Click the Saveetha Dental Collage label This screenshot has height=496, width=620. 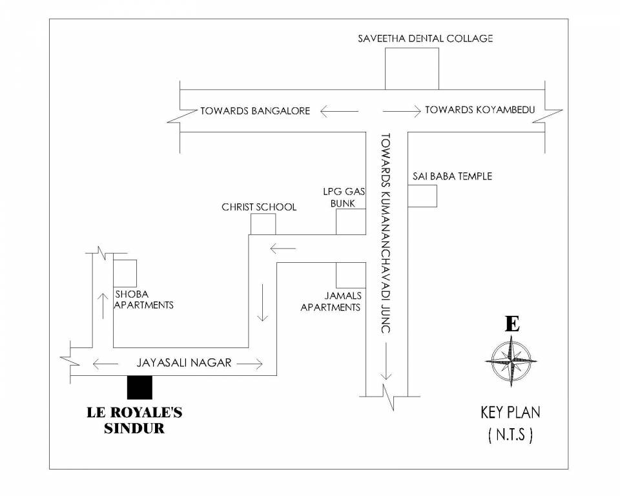(x=425, y=38)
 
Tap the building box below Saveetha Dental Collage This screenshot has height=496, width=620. (x=412, y=68)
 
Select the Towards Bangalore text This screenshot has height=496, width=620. (x=255, y=110)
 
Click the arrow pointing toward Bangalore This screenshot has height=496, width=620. (x=339, y=111)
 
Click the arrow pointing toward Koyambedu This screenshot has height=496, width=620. (x=400, y=111)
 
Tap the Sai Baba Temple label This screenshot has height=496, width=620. (x=452, y=176)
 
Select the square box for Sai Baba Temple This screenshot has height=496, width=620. (x=422, y=196)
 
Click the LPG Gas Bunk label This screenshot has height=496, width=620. (x=340, y=198)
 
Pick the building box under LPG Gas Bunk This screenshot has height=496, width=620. (x=351, y=222)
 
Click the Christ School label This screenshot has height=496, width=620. (x=259, y=207)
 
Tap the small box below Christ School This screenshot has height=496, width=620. (x=263, y=224)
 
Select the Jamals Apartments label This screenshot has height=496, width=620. (x=331, y=302)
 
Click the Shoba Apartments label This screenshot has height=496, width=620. (x=143, y=300)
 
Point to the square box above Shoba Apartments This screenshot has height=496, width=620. (x=125, y=273)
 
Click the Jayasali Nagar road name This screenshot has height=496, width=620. (x=183, y=363)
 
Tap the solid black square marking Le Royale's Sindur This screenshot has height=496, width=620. (x=139, y=387)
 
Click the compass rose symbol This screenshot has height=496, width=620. (x=512, y=361)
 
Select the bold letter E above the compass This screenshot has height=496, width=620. (x=512, y=324)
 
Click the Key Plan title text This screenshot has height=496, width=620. (x=510, y=412)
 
